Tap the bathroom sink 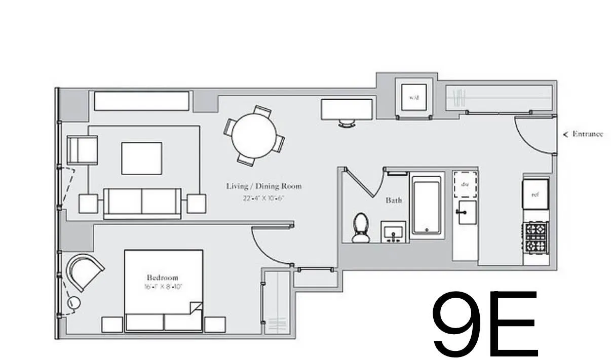point(394,232)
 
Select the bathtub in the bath point(426,205)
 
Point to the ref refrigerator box point(536,194)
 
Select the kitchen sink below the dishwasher point(466,212)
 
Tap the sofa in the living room point(142,203)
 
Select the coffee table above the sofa point(141,158)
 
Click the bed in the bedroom point(164,290)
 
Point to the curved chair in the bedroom point(83,271)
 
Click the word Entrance point(587,134)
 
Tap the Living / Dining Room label point(263,186)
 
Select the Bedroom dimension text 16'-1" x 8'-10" point(163,287)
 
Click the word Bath point(394,201)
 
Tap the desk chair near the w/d point(347,123)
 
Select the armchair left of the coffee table point(82,150)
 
